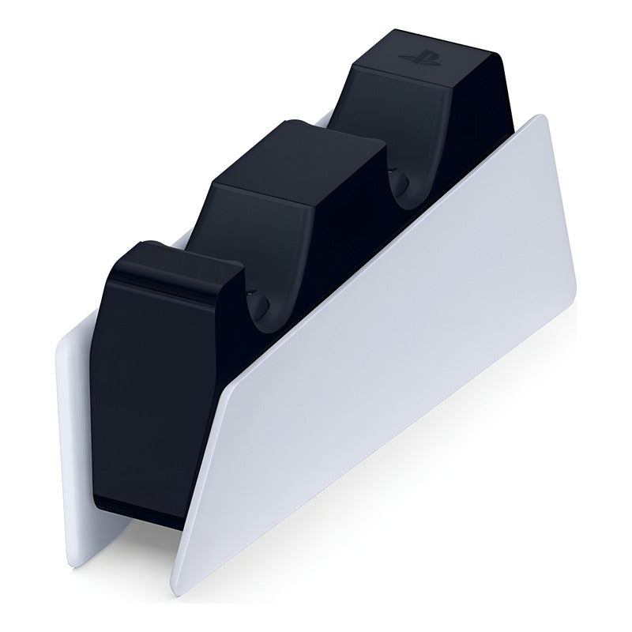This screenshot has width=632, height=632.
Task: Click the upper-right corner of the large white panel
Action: point(544,118)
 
